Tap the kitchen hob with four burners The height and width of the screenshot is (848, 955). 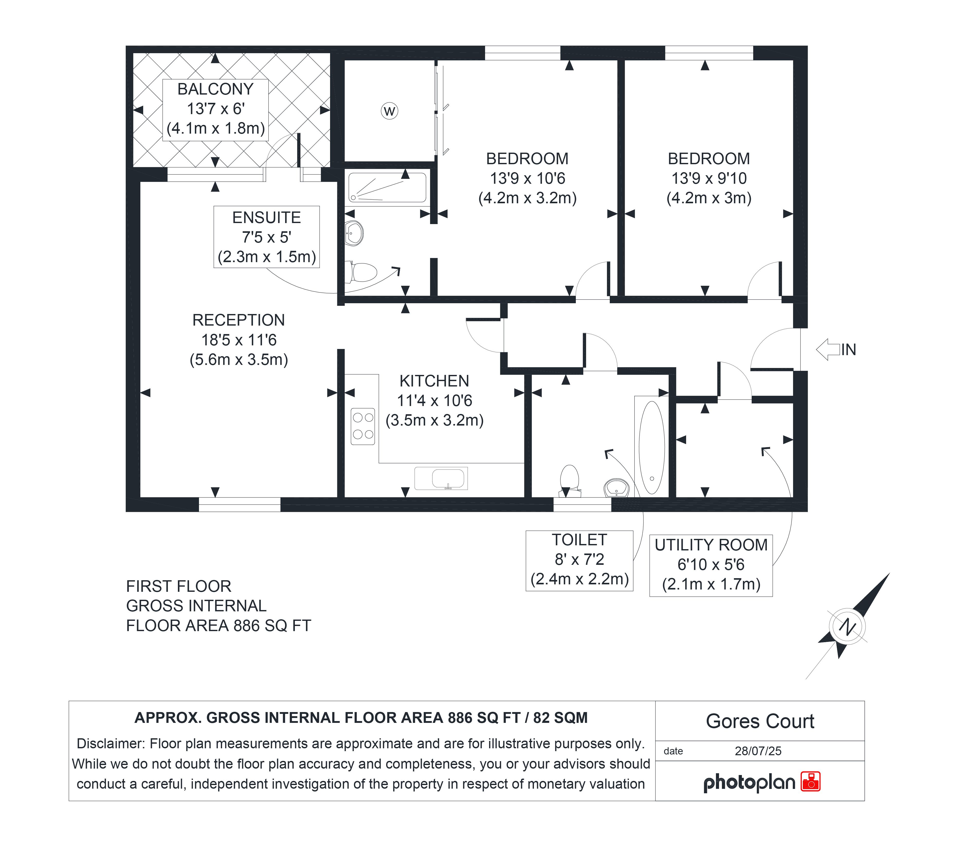click(x=363, y=426)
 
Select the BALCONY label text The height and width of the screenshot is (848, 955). click(x=215, y=89)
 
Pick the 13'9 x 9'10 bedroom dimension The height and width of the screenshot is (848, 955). click(x=709, y=178)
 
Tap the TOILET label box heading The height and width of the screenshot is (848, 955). click(x=579, y=540)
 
